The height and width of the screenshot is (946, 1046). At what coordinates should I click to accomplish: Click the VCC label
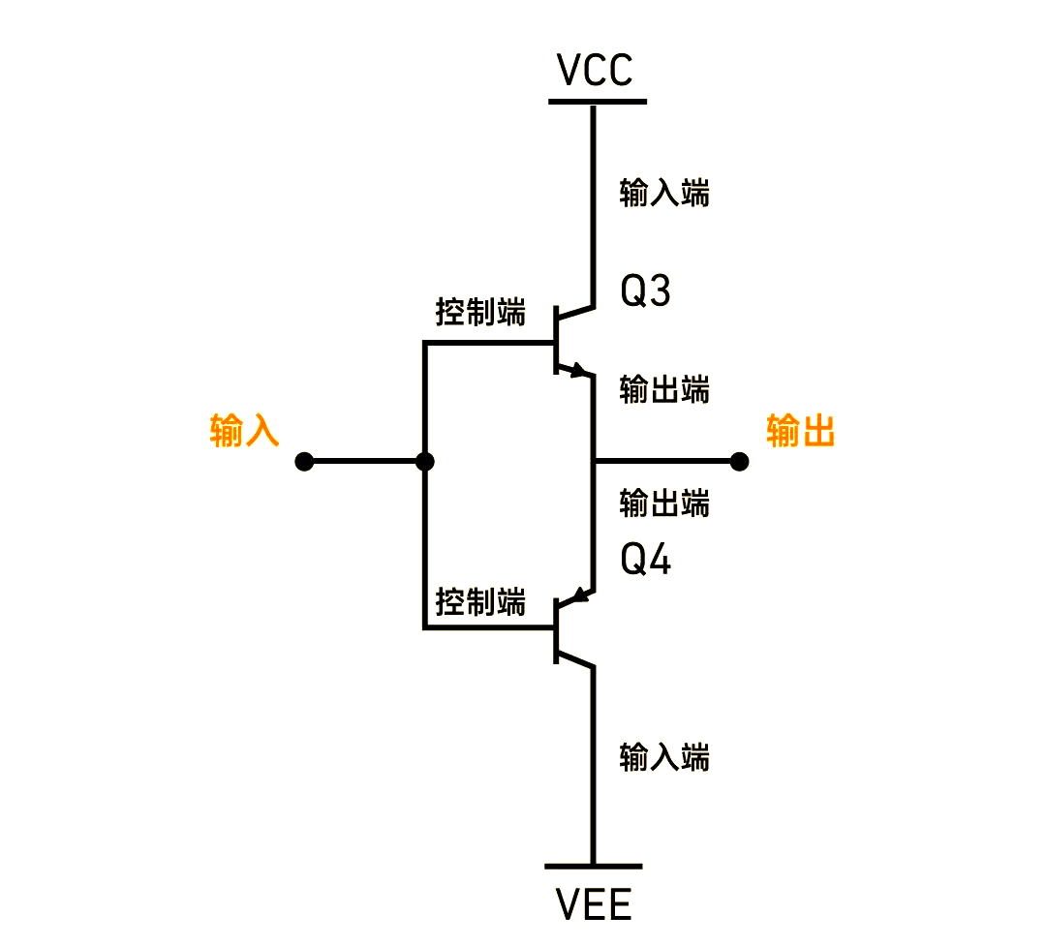[x=595, y=70]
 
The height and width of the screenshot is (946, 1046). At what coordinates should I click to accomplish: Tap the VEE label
[x=594, y=905]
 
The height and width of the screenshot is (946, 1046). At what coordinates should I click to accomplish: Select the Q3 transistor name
[x=645, y=291]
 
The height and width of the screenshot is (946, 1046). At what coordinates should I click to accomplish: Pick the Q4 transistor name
[x=645, y=561]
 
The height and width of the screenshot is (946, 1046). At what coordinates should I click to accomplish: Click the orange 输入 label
[x=244, y=431]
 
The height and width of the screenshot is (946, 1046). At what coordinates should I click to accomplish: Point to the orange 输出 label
[x=800, y=431]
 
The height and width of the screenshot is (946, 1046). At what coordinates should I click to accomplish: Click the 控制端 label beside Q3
[x=480, y=314]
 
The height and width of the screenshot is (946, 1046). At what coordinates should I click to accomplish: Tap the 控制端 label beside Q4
[x=480, y=602]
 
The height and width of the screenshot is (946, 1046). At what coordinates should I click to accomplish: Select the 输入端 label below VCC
[x=664, y=194]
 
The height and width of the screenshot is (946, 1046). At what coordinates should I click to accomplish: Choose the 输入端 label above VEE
[x=664, y=757]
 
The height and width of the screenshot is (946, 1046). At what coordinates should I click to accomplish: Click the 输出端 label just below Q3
[x=664, y=390]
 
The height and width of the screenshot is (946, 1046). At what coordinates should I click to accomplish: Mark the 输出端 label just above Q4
[x=664, y=504]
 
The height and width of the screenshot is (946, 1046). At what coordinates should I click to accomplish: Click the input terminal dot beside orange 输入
[x=304, y=462]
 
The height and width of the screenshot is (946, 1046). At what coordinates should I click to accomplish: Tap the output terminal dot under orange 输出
[x=739, y=462]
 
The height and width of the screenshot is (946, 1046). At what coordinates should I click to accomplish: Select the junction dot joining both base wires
[x=424, y=462]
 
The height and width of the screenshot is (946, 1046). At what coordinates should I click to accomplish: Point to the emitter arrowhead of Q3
[x=579, y=370]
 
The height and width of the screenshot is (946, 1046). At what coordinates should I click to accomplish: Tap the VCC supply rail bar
[x=597, y=101]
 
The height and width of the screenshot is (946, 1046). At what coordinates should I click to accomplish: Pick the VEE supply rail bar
[x=593, y=867]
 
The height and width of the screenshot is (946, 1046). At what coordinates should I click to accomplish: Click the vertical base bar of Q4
[x=556, y=629]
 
